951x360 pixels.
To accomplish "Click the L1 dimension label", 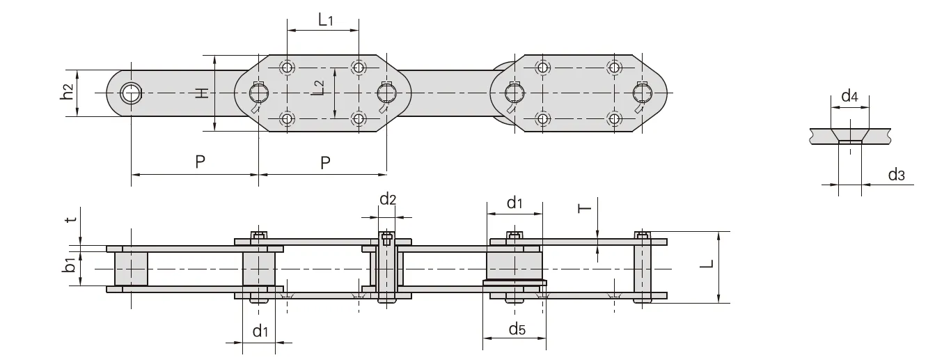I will [325, 20].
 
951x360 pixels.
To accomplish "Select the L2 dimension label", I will [317, 88].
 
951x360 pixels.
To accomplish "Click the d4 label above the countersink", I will [849, 96].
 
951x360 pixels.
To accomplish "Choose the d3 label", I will [896, 175].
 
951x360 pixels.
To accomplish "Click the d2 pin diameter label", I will [388, 200].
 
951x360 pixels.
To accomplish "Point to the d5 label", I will [517, 329].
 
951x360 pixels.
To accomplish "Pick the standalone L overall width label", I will [706, 265].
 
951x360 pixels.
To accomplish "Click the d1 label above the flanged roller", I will [514, 203].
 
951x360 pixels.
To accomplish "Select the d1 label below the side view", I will [260, 331].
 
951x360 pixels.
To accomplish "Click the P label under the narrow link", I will [200, 162].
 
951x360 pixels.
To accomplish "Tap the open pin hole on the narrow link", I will [130, 93].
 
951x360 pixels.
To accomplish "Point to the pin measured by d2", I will [386, 268].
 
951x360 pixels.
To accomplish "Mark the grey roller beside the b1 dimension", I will [131, 268].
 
